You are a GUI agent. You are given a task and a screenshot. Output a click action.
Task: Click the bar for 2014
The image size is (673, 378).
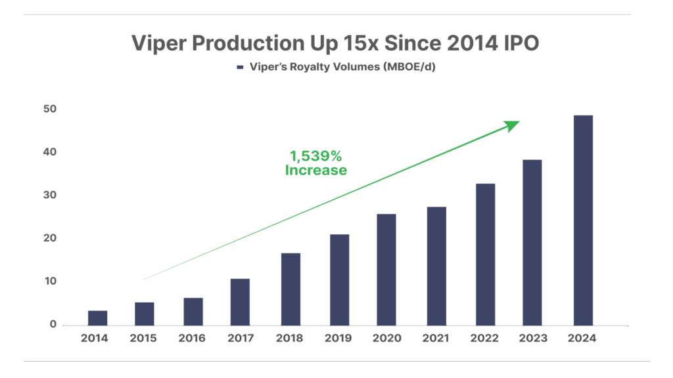(97, 318)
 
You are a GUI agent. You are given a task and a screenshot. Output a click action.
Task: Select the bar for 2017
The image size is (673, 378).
(240, 302)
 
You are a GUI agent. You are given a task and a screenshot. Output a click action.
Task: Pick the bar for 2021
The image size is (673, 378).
(436, 266)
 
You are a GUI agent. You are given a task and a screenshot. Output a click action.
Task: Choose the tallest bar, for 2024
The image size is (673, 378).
(583, 220)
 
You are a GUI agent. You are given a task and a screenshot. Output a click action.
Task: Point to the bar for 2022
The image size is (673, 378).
(485, 254)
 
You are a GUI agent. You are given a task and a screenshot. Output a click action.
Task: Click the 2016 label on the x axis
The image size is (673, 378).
(192, 339)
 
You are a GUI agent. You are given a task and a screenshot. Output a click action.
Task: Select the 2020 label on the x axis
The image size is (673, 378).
(387, 339)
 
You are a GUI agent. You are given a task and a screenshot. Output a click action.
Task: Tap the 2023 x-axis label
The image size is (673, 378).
(533, 339)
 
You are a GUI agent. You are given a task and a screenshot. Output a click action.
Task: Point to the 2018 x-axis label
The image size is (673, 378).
(290, 339)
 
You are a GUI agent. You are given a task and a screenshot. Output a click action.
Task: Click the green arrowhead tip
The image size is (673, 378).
(519, 122)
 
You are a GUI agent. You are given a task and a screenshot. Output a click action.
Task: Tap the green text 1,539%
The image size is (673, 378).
(316, 156)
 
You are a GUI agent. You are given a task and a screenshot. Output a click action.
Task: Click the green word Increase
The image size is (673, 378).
(316, 171)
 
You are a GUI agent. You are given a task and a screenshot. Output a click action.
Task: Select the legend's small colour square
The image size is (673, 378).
(241, 67)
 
